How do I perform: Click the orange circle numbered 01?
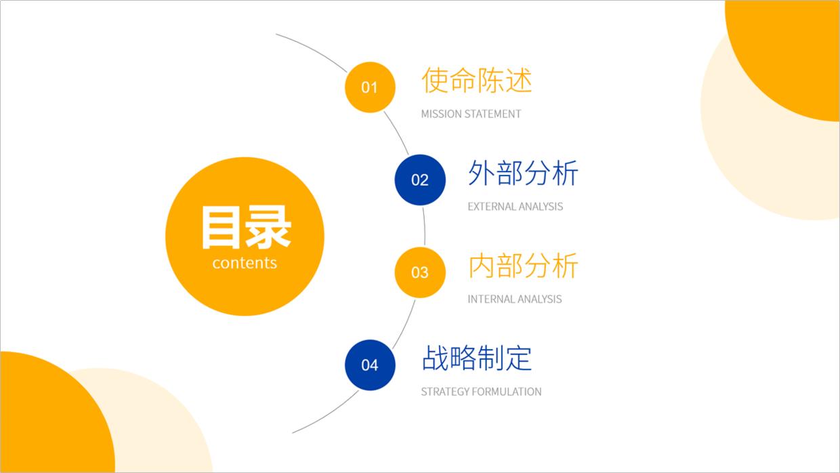click(370, 87)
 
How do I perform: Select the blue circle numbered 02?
click(420, 180)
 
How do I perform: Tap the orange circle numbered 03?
click(420, 272)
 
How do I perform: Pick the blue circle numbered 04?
click(370, 365)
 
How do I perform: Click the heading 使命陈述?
click(477, 81)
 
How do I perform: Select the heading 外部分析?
click(523, 173)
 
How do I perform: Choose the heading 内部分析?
click(523, 266)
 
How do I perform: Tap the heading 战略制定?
click(477, 358)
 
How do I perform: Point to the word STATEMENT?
click(495, 114)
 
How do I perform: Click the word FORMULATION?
click(507, 392)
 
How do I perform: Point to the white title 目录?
click(245, 228)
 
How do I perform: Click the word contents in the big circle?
click(245, 263)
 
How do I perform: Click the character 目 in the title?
click(222, 228)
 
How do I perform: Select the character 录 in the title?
click(268, 228)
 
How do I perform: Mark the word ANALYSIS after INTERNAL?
click(539, 299)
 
